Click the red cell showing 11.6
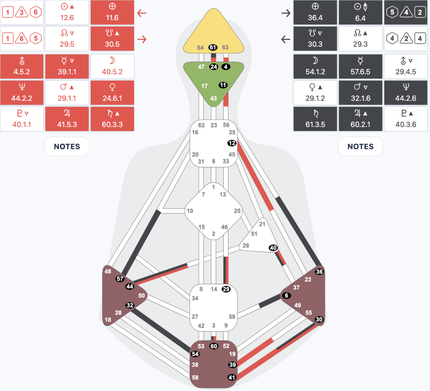coord(112,12)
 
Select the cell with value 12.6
coord(67,12)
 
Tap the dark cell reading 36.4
coord(315,12)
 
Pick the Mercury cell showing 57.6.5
coord(360,66)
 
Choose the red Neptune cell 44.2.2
coord(22,93)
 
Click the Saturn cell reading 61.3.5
coord(315,119)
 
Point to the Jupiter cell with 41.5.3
coord(67,119)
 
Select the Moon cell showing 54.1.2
coord(315,66)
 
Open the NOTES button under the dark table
coord(360,147)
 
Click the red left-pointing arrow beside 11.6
coord(142,13)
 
